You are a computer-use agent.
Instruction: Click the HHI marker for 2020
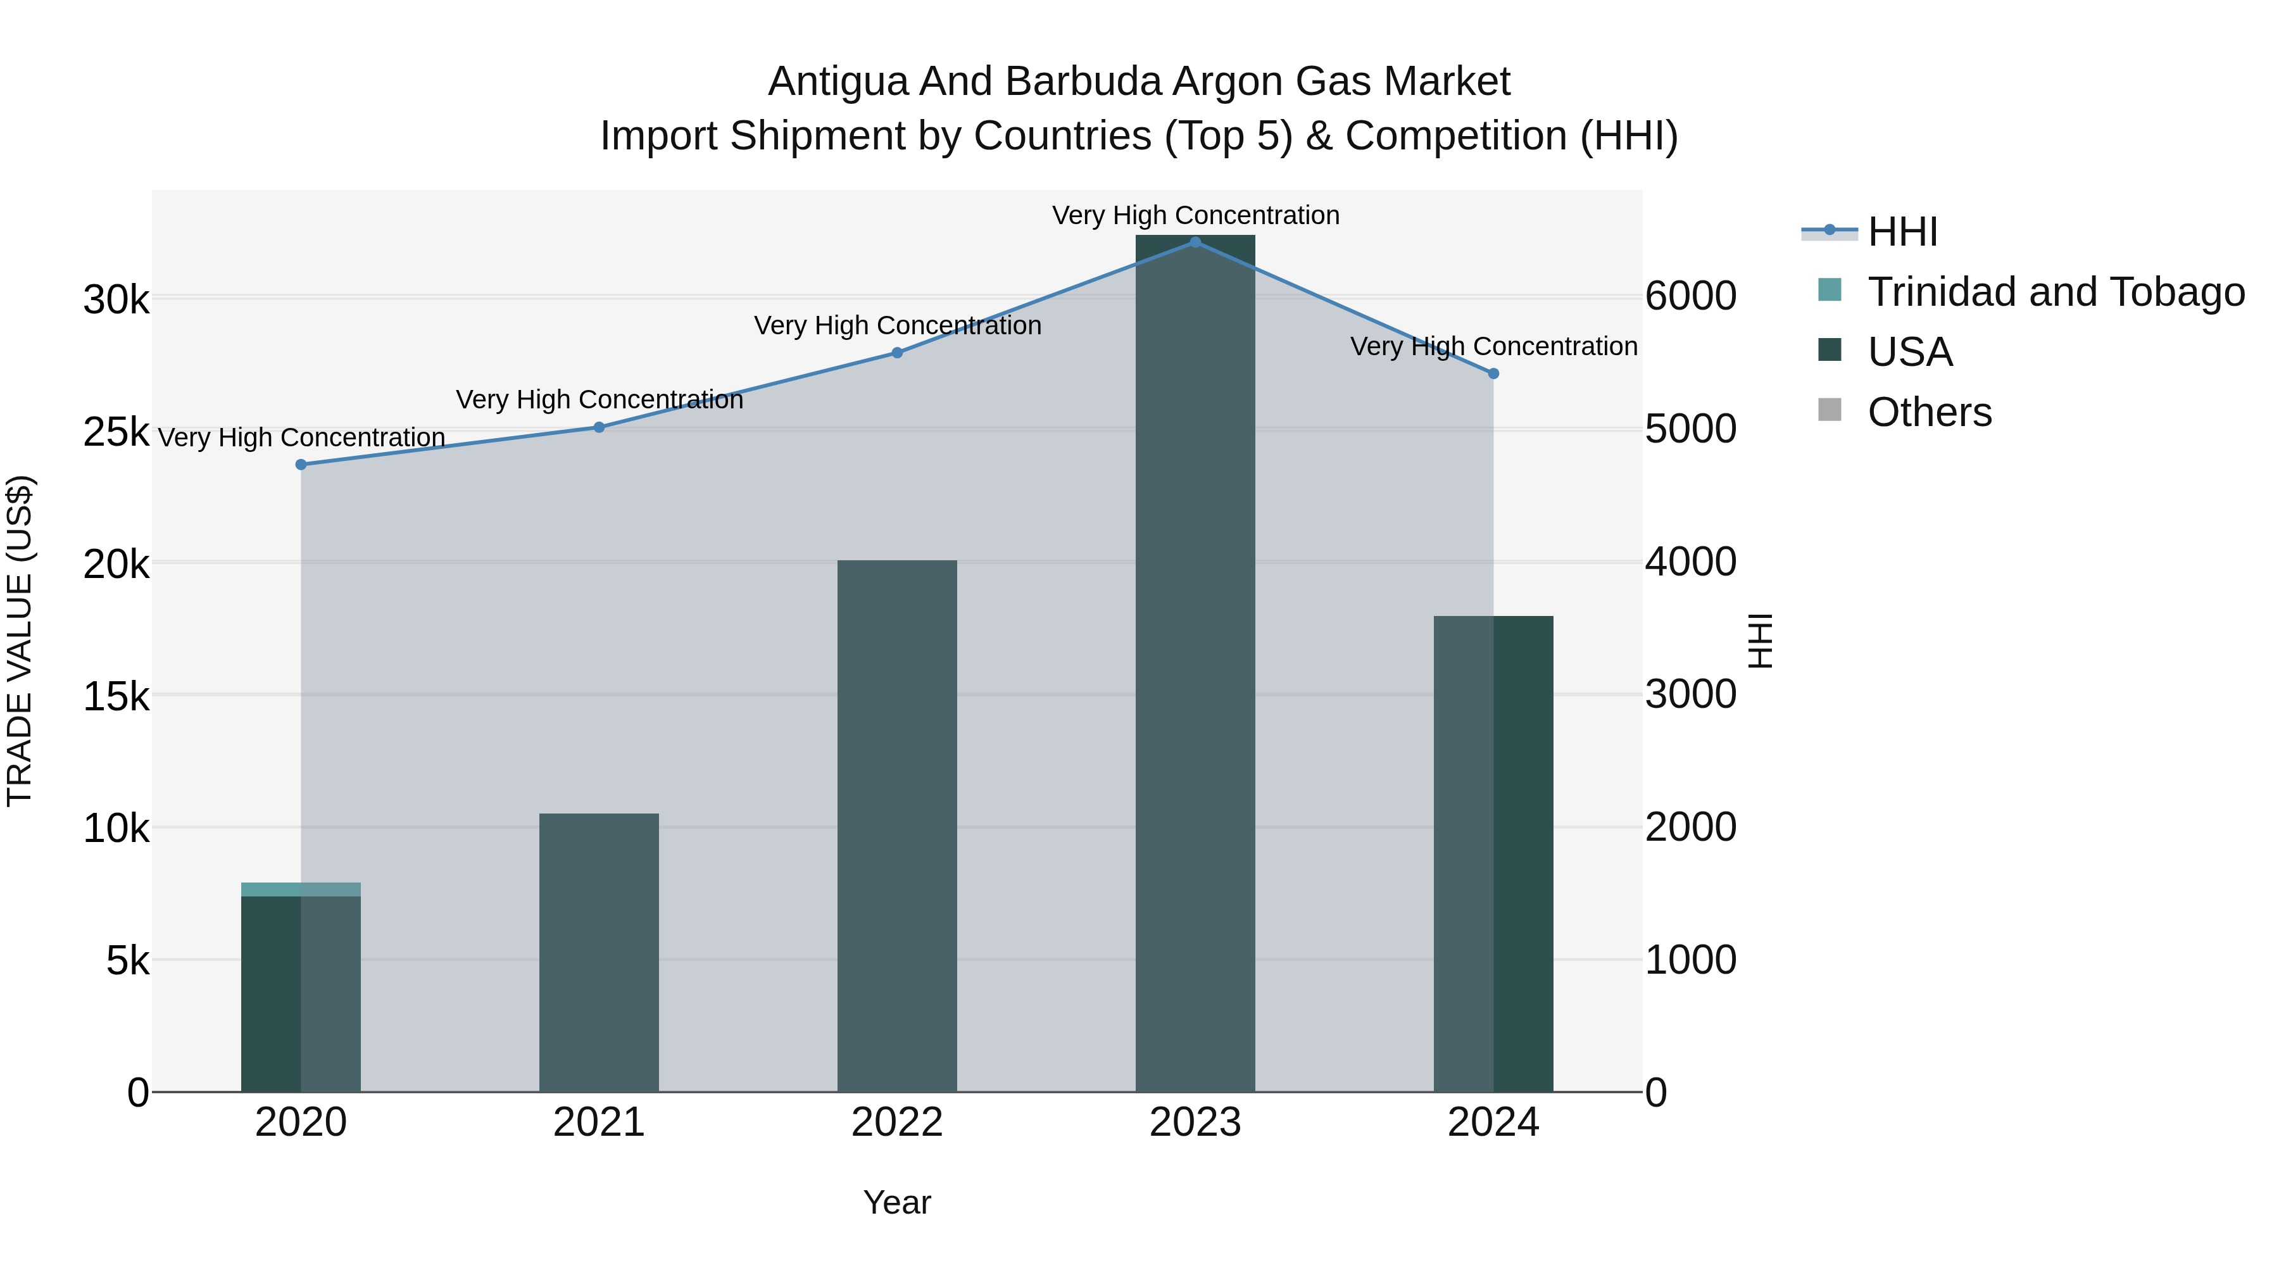[x=301, y=465]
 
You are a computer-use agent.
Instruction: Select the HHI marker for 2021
[x=599, y=427]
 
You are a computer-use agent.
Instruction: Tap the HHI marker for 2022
[x=897, y=353]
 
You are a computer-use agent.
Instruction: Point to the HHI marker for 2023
[x=1195, y=242]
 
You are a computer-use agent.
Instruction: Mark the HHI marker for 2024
[x=1493, y=374]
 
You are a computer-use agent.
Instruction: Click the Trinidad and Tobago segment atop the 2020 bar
[x=301, y=889]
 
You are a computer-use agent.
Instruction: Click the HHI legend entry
[x=1902, y=232]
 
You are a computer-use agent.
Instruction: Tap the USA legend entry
[x=1909, y=352]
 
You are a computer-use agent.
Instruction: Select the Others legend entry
[x=1929, y=412]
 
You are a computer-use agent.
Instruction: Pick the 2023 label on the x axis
[x=1195, y=1122]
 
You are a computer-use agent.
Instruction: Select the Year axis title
[x=897, y=1202]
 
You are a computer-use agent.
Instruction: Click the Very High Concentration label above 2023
[x=1195, y=215]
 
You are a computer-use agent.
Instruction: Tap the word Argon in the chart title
[x=1228, y=82]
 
